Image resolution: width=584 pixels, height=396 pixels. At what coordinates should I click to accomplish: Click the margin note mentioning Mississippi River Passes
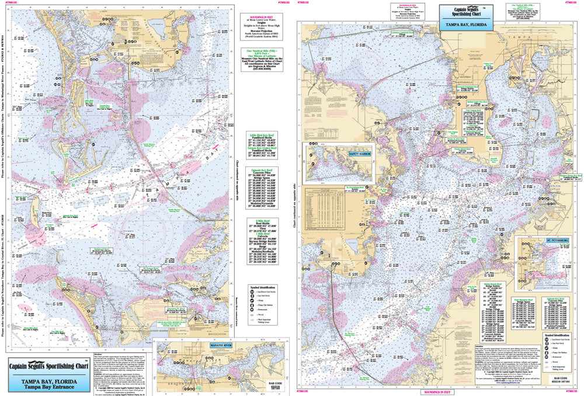(4, 88)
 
